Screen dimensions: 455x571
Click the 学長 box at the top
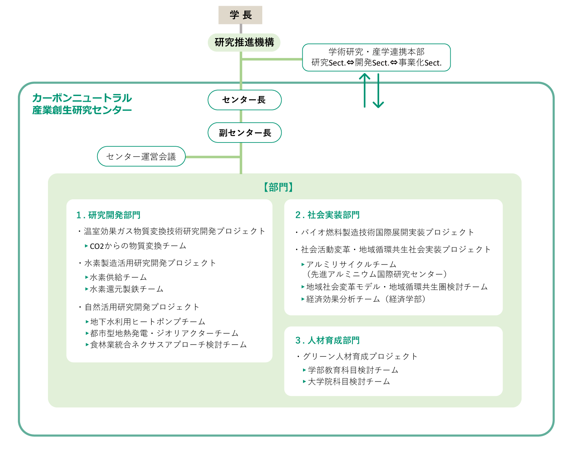tap(240, 15)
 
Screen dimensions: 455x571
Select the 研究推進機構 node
tap(244, 42)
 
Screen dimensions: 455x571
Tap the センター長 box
tap(244, 100)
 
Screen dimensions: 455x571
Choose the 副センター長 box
tap(244, 133)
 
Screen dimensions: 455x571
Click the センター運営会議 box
tap(141, 157)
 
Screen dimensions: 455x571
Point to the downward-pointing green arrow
tap(378, 91)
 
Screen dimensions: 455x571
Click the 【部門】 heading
tap(278, 187)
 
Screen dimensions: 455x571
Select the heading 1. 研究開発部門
tap(108, 215)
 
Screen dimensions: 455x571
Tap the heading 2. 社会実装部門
tap(327, 215)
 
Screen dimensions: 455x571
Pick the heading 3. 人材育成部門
tap(327, 340)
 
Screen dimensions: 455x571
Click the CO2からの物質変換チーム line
tap(138, 246)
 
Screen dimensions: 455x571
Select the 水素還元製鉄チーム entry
tap(126, 289)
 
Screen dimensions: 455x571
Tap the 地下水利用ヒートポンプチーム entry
tap(148, 322)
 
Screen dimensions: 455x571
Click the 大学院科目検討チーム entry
tap(349, 381)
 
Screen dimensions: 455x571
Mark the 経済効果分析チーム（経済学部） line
tap(366, 299)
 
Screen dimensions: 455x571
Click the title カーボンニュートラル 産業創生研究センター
tap(82, 104)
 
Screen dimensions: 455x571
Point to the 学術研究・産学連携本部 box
tap(376, 58)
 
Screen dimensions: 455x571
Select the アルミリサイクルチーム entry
tap(351, 264)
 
